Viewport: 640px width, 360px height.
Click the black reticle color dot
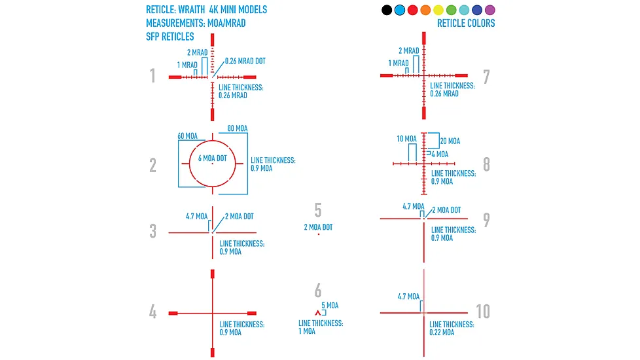point(387,10)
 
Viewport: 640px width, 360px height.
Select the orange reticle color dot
point(425,10)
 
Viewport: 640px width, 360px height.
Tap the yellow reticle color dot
point(438,10)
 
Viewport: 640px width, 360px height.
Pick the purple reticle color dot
point(489,10)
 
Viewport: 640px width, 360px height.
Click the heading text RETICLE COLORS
point(466,24)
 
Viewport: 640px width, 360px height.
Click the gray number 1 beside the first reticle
point(152,75)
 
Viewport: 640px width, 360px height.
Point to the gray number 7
point(486,77)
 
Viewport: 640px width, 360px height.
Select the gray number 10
point(483,312)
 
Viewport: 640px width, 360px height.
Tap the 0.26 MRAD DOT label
point(245,62)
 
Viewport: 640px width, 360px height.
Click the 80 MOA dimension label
point(238,128)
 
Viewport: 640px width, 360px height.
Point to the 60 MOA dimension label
point(187,136)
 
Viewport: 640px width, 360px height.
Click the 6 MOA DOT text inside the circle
point(212,158)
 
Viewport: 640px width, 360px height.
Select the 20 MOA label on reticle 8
point(450,141)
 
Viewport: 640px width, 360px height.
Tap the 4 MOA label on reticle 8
point(440,154)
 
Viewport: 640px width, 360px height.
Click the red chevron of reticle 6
point(318,313)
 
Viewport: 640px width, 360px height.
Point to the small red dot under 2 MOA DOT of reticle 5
point(319,234)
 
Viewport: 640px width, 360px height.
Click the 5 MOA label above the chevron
point(330,305)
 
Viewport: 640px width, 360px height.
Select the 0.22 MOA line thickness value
point(442,333)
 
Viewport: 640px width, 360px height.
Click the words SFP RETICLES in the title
point(170,37)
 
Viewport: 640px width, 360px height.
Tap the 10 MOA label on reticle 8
point(406,139)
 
